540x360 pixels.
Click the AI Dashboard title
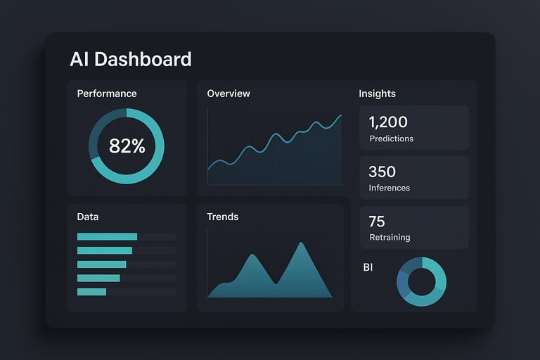(x=131, y=59)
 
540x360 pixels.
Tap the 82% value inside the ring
(x=127, y=146)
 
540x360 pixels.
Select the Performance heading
(x=107, y=94)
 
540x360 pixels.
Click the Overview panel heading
(x=229, y=94)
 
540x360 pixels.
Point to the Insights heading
(x=377, y=94)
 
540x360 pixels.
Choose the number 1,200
(x=388, y=122)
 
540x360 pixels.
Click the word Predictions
(x=391, y=139)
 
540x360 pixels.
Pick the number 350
(x=382, y=172)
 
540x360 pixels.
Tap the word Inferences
(x=390, y=188)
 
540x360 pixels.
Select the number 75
(x=377, y=222)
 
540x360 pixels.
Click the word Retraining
(x=390, y=238)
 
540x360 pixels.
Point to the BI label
(x=368, y=267)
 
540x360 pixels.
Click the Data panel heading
(x=88, y=217)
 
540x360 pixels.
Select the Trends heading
(x=223, y=217)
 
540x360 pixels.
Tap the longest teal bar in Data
(x=107, y=237)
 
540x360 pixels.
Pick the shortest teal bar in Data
(x=91, y=292)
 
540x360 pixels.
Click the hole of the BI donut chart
(x=422, y=281)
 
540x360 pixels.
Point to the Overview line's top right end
(x=342, y=115)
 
